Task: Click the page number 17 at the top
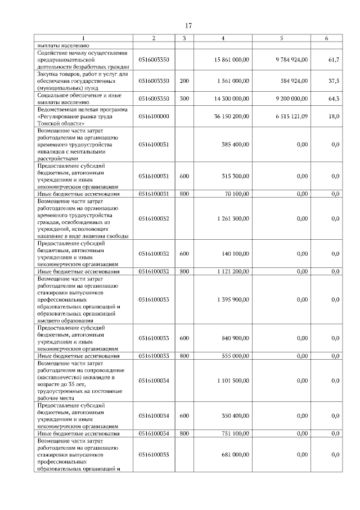188,25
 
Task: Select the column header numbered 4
223,38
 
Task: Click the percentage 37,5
334,81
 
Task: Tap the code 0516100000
154,116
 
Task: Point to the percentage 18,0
334,116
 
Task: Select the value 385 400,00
236,145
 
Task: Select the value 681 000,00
236,454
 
